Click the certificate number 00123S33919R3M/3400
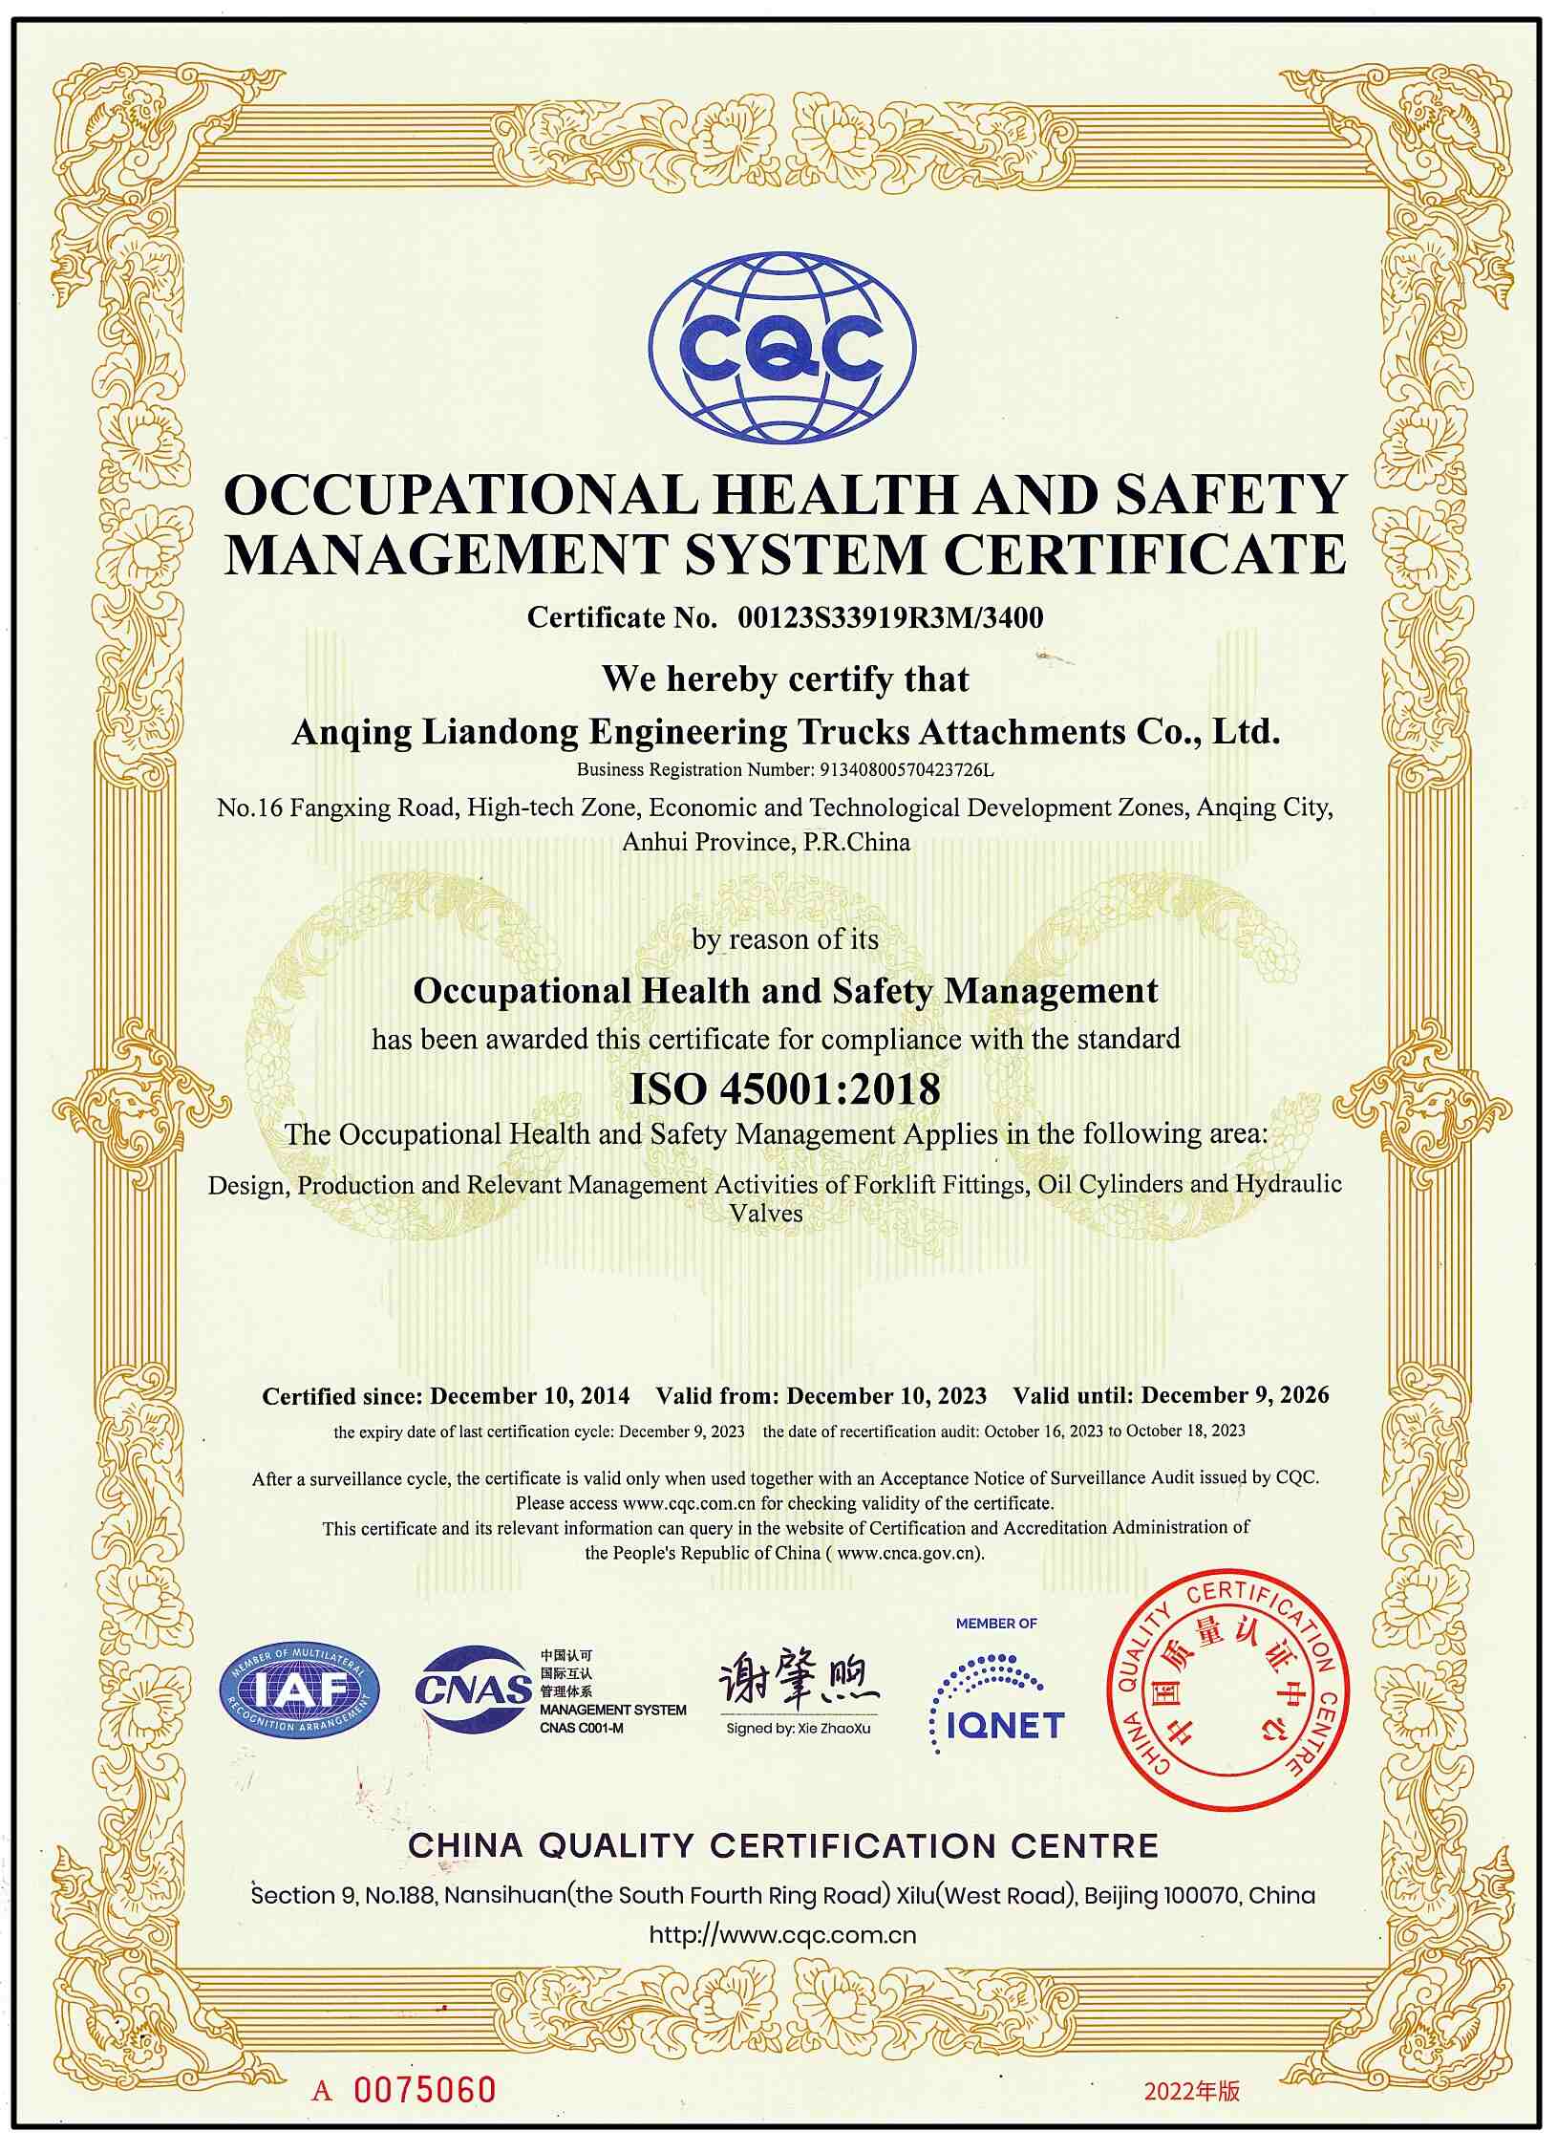click(890, 618)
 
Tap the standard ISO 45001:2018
click(785, 1089)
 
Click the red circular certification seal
click(1227, 1690)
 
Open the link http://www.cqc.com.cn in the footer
click(782, 1935)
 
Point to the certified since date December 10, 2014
click(529, 1396)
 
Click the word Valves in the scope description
click(766, 1214)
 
